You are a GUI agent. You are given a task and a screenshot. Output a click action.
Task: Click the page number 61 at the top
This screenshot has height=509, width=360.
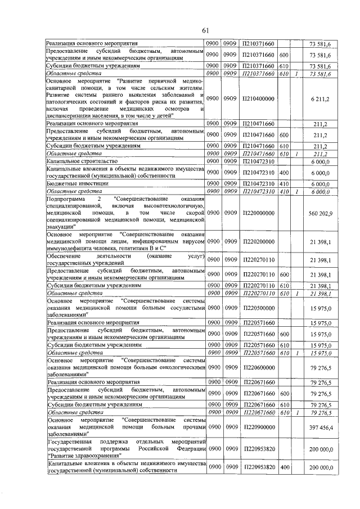pyautogui.click(x=205, y=30)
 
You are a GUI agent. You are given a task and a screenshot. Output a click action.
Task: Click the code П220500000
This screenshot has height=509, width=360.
pyautogui.click(x=258, y=308)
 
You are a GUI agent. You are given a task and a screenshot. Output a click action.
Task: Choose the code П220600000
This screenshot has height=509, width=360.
pyautogui.click(x=258, y=368)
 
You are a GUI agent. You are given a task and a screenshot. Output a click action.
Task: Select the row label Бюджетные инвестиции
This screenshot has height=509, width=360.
pyautogui.click(x=73, y=183)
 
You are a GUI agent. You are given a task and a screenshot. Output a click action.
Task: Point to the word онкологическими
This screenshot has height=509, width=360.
pyautogui.click(x=175, y=367)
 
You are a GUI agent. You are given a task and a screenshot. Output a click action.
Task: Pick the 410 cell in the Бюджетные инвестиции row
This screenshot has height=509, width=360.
pyautogui.click(x=284, y=183)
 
